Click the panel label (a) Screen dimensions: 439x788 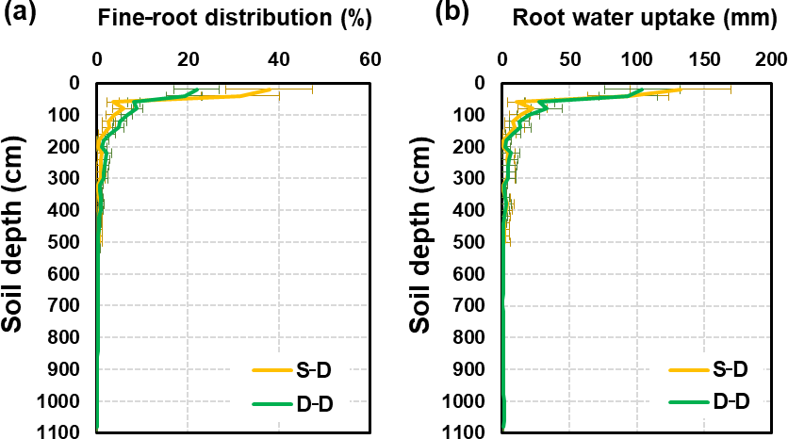[20, 13]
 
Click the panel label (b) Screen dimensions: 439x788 [427, 13]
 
